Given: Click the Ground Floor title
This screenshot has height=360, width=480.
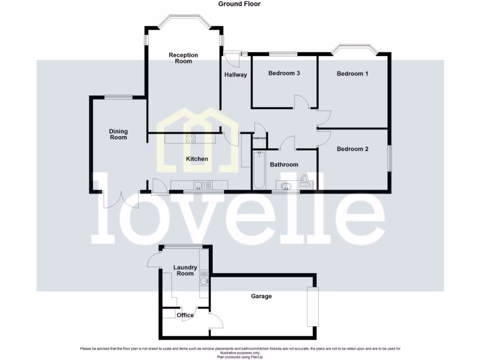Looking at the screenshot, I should click(x=239, y=4).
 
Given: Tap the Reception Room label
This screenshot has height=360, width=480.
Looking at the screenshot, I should click(x=183, y=58).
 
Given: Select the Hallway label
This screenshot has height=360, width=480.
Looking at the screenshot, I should click(x=235, y=75).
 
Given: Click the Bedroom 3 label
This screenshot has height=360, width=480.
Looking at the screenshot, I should click(x=284, y=73).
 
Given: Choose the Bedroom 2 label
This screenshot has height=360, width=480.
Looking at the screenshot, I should click(x=352, y=149).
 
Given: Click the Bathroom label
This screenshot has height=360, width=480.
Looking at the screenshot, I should click(x=284, y=165).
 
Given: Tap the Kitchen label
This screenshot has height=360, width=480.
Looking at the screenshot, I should click(x=197, y=159).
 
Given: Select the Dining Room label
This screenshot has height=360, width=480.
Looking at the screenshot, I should click(x=119, y=135).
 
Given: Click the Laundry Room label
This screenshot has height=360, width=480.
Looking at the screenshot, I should click(x=185, y=270).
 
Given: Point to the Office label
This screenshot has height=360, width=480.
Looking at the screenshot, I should click(x=185, y=315).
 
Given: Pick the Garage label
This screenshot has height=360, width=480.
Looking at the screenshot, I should click(x=261, y=296).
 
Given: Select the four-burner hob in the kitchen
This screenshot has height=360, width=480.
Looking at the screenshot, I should click(x=191, y=138).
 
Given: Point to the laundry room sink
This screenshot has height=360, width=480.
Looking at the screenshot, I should click(x=204, y=281).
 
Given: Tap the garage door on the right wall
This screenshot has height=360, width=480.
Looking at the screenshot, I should click(x=312, y=307).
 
